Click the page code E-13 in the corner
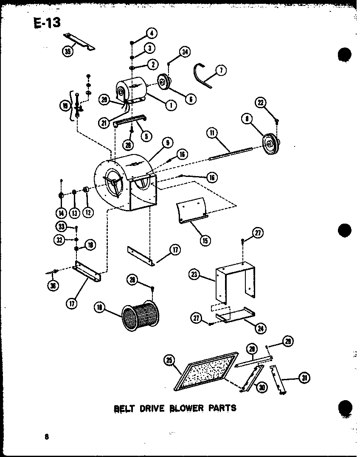click(46, 22)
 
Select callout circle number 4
click(151, 33)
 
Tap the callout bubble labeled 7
click(221, 70)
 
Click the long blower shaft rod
click(231, 153)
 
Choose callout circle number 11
click(212, 133)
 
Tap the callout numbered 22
click(261, 102)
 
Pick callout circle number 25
click(169, 361)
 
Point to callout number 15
click(205, 241)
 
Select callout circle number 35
click(67, 52)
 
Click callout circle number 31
click(303, 378)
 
